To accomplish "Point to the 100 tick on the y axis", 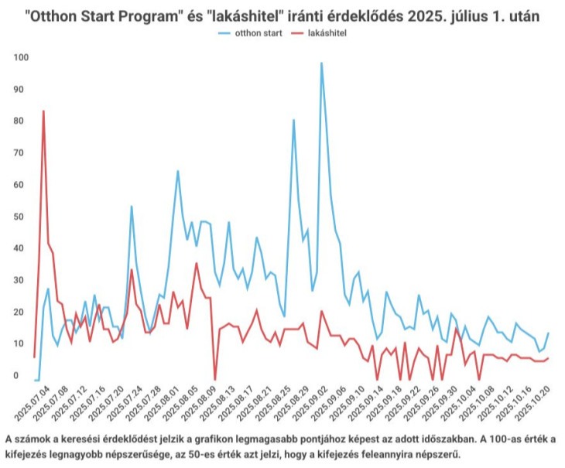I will coord(21,58).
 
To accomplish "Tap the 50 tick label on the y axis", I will coord(21,217).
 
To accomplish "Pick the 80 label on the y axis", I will coord(21,121).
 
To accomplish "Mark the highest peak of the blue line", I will coord(321,63).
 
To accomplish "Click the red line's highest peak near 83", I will coord(43,111).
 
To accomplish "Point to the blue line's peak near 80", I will coord(293,120).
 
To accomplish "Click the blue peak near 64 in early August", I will coord(177,171).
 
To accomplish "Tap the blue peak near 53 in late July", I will coord(132,207).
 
